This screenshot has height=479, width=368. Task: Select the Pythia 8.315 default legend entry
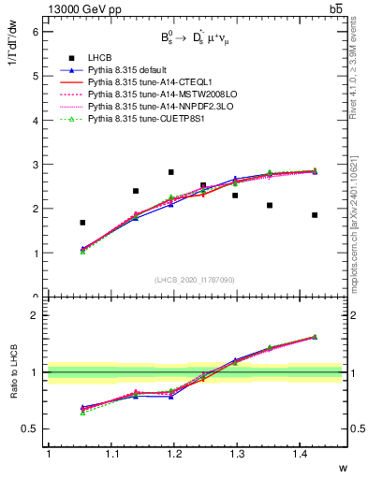tap(131, 70)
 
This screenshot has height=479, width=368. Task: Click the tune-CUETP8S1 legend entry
tap(140, 119)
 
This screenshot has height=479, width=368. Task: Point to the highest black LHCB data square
tap(170, 172)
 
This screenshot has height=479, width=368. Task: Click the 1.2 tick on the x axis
tap(174, 454)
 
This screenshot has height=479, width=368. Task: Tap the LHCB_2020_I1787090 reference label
tap(195, 280)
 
